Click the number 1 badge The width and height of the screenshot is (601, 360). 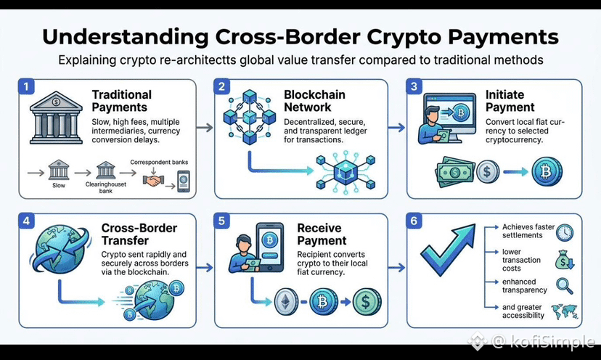pyautogui.click(x=26, y=86)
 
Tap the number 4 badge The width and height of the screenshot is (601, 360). pyautogui.click(x=26, y=221)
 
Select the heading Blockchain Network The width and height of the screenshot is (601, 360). pyautogui.click(x=314, y=101)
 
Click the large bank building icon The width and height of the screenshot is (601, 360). pyautogui.click(x=56, y=118)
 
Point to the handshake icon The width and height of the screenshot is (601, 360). pyautogui.click(x=153, y=180)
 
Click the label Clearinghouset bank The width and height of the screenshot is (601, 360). pyautogui.click(x=106, y=187)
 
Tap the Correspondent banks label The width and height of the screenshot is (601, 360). pyautogui.click(x=159, y=162)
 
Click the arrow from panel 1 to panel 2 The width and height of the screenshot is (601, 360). pyautogui.click(x=205, y=127)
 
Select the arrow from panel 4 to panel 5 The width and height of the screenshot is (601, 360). pyautogui.click(x=205, y=268)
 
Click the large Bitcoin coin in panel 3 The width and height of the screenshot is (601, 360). pyautogui.click(x=547, y=172)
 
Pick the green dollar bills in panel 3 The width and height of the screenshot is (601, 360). pyautogui.click(x=455, y=172)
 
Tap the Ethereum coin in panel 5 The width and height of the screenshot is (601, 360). pyautogui.click(x=286, y=302)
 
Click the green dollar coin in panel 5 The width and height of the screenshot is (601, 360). pyautogui.click(x=367, y=302)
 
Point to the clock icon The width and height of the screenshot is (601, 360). pyautogui.click(x=565, y=232)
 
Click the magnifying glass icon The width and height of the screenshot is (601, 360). pyautogui.click(x=565, y=286)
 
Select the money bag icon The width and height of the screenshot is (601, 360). pyautogui.click(x=565, y=260)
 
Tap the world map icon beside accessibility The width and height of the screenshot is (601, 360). pyautogui.click(x=564, y=311)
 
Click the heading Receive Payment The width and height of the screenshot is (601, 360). pyautogui.click(x=322, y=234)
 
